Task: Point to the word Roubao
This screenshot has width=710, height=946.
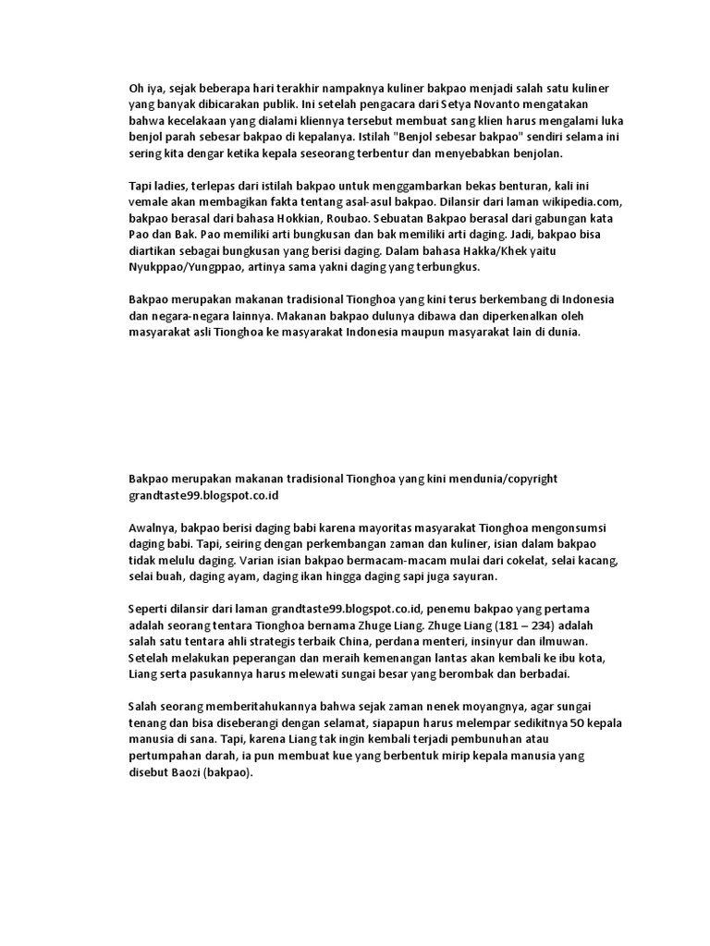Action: (x=343, y=218)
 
